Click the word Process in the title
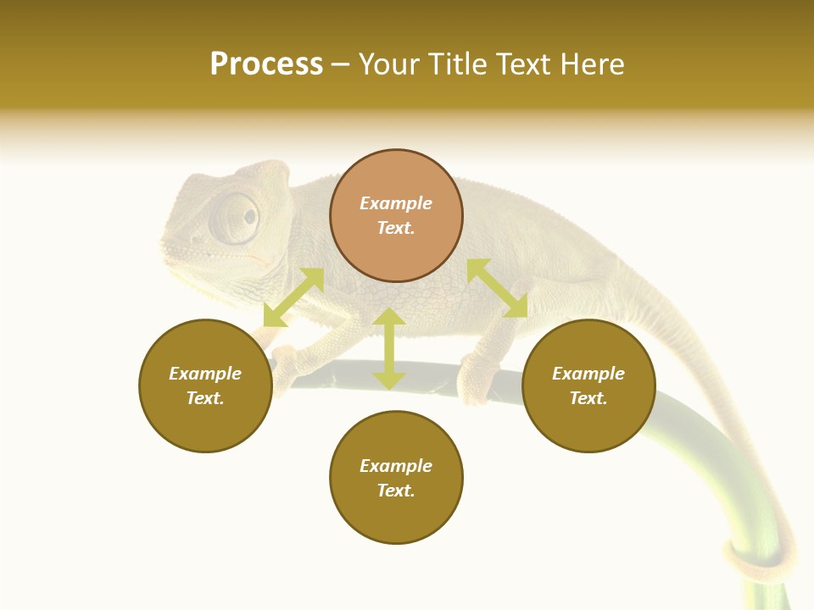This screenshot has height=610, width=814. tap(266, 64)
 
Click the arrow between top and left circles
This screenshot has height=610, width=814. tap(293, 297)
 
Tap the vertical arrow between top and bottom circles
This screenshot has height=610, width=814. tap(389, 348)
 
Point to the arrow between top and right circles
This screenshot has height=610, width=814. tap(497, 288)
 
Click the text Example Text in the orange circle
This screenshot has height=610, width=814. tap(396, 215)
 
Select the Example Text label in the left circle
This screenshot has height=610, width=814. tap(205, 385)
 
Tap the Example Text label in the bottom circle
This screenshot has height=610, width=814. tap(396, 478)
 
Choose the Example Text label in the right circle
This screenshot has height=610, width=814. tap(588, 385)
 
